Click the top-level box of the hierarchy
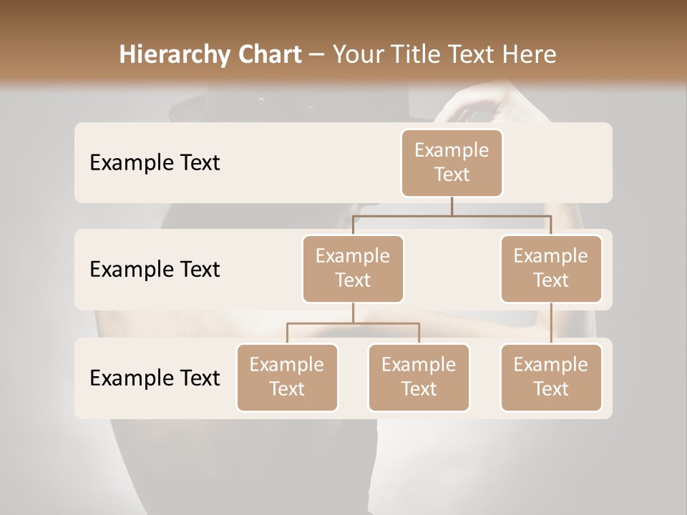click(452, 162)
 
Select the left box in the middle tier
click(353, 268)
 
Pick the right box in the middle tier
click(551, 268)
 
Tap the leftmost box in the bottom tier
click(287, 377)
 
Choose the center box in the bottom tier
click(419, 377)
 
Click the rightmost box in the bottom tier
click(551, 377)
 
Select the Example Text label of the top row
click(155, 162)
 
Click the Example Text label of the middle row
click(155, 269)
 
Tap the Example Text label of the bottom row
click(155, 378)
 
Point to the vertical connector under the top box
click(452, 206)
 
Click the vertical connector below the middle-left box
click(353, 313)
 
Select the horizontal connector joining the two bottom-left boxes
click(353, 323)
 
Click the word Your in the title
click(359, 55)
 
